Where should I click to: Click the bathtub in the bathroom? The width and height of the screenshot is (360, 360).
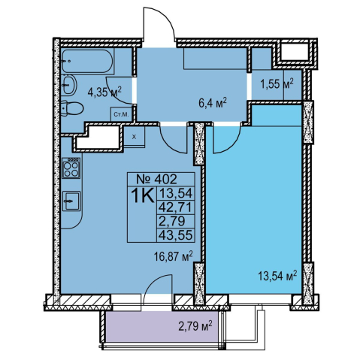point(87,61)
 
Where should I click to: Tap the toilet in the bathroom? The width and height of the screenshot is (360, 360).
point(72,108)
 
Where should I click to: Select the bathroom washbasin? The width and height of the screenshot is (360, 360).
point(69,85)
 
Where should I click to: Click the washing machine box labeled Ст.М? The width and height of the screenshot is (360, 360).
point(121,115)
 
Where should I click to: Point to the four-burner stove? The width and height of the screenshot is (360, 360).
point(71,168)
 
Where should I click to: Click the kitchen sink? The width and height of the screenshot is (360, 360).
point(71,201)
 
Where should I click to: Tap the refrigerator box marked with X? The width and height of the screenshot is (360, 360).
point(135,137)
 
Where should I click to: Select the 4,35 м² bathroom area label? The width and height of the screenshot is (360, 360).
point(104,92)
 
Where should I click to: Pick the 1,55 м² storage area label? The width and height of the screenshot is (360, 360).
point(277,83)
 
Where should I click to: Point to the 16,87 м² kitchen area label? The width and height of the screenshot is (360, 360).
point(174,256)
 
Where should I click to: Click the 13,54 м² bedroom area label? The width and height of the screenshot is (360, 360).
point(277,276)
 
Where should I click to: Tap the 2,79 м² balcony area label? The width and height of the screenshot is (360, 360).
point(195,327)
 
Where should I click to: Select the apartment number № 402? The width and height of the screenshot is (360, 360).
point(156,179)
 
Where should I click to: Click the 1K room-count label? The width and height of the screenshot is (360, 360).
point(142,195)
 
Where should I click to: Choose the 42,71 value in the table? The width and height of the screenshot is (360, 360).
point(176,207)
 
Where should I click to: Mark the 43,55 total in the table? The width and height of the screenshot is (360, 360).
point(176,234)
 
